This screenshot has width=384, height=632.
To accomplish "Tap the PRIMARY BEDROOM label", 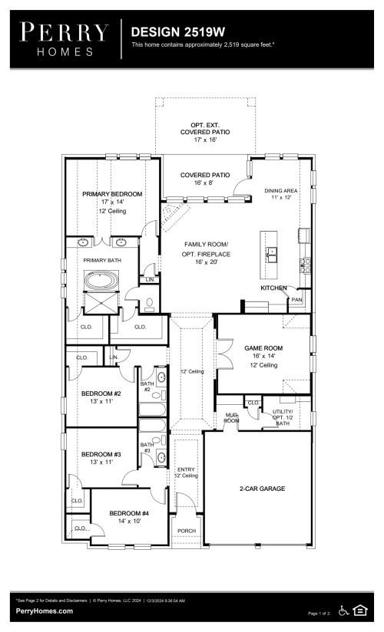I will click(x=112, y=194).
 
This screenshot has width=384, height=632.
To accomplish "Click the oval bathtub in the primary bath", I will click(x=99, y=281).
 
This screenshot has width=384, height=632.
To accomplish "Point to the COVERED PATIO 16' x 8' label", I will click(x=205, y=179).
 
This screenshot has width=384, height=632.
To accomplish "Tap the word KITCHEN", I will click(x=273, y=288).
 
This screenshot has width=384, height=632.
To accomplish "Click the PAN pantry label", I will click(x=296, y=300).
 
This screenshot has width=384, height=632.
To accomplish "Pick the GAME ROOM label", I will click(x=263, y=347).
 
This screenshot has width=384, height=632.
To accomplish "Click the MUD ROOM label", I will click(x=230, y=419).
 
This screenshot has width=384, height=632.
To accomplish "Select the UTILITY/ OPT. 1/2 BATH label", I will click(x=283, y=417).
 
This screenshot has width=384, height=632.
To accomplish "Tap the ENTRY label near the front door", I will click(x=187, y=469).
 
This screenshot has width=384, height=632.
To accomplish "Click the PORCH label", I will click(x=187, y=530).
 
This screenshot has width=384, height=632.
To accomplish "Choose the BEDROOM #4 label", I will click(x=129, y=513).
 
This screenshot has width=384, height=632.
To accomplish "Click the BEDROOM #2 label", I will click(x=102, y=394).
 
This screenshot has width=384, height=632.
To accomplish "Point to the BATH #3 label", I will click(x=147, y=447).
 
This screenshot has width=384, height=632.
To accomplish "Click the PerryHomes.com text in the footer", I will click(x=45, y=611).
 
